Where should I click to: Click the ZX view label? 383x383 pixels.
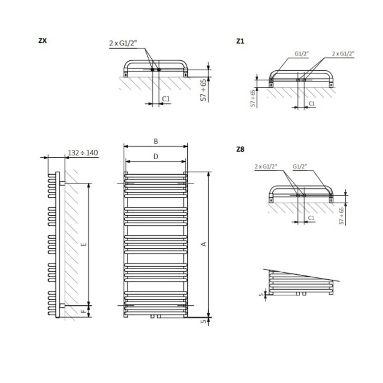point(42,41)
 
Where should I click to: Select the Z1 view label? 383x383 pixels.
point(241,41)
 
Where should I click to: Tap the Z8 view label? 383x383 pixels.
point(241,149)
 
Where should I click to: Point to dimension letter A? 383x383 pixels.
point(203,244)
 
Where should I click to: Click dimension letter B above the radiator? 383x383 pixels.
point(155,141)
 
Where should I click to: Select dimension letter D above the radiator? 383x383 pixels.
point(155,157)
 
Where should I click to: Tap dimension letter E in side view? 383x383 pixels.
point(83,244)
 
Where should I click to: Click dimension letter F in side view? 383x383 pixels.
point(83,308)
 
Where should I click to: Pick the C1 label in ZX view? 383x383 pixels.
point(166,99)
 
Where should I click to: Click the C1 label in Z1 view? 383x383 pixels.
point(311,103)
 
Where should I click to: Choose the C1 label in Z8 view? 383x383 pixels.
point(311,218)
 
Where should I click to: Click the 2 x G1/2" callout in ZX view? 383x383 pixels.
point(124,43)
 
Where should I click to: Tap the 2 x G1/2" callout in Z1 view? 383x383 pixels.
point(343,53)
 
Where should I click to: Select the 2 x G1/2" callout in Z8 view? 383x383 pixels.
point(266,167)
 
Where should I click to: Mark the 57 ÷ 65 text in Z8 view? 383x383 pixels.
point(341,214)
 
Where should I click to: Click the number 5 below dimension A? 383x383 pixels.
point(203,321)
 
